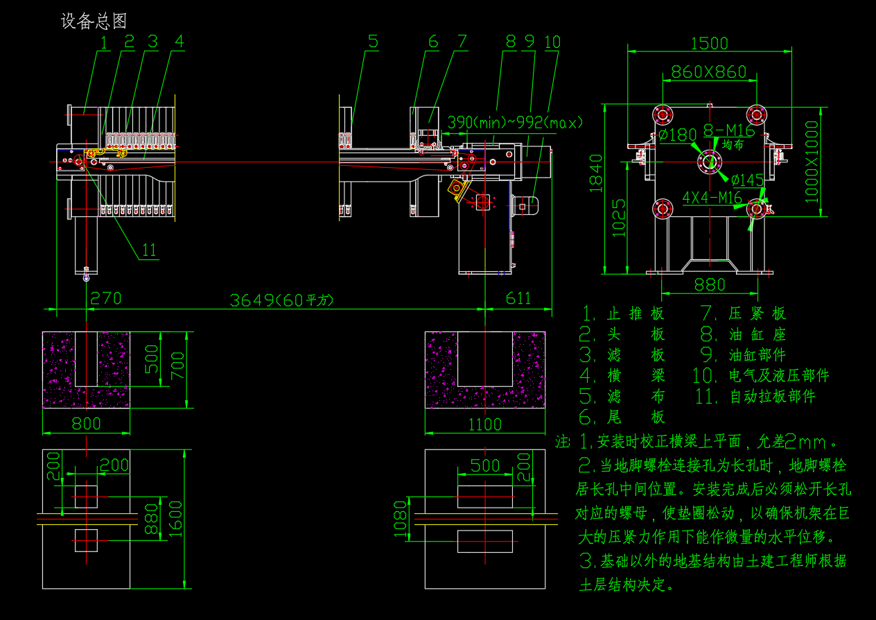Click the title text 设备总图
click(94, 21)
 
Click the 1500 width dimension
click(710, 43)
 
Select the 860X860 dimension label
click(708, 71)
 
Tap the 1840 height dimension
click(596, 173)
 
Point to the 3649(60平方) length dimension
click(281, 300)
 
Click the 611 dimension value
click(518, 298)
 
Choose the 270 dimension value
click(105, 298)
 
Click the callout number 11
click(149, 250)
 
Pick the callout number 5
click(373, 41)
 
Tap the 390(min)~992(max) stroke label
click(515, 123)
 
